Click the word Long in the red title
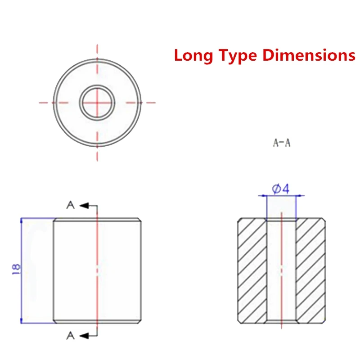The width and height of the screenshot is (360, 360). (193, 56)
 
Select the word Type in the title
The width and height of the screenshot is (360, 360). (238, 56)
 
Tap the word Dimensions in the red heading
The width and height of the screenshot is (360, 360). (309, 55)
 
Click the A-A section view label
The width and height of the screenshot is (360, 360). (282, 143)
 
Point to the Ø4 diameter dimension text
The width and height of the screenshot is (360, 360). (280, 189)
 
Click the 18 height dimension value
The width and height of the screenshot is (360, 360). (16, 269)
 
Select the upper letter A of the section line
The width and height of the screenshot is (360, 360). (71, 205)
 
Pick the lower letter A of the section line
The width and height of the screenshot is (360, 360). (71, 336)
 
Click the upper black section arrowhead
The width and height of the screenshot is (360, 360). (84, 206)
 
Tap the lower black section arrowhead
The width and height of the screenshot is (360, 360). (84, 336)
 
